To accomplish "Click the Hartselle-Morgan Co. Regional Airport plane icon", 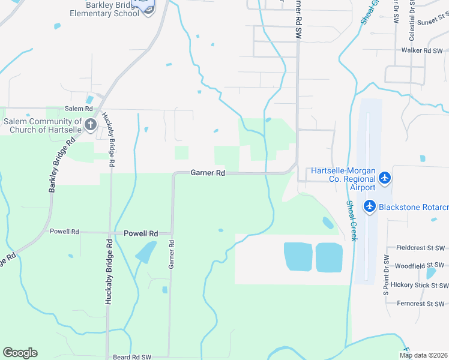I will click(x=385, y=178).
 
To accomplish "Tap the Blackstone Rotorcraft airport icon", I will click(x=369, y=207).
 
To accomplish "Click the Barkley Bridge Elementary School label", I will click(x=104, y=9).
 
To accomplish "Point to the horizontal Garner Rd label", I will click(x=208, y=173).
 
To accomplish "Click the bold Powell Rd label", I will click(x=140, y=233).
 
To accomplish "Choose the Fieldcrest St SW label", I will click(x=420, y=247).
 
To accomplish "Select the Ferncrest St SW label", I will click(x=420, y=304).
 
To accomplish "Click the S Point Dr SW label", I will click(x=386, y=276).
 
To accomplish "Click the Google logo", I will click(x=20, y=353).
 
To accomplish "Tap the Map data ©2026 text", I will click(x=423, y=355).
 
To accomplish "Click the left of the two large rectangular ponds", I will click(x=298, y=257).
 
